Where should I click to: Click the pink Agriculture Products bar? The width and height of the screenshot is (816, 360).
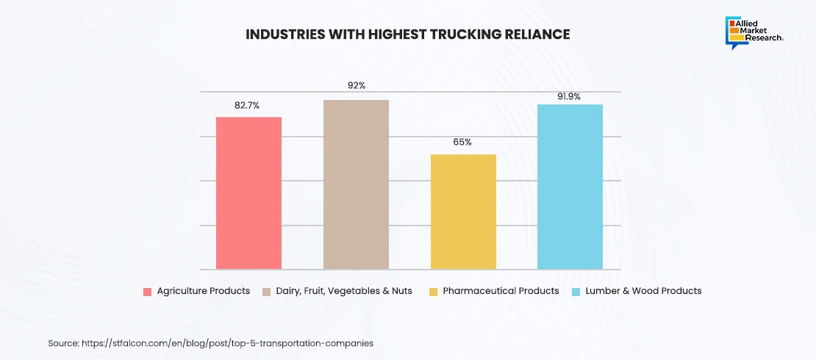248,192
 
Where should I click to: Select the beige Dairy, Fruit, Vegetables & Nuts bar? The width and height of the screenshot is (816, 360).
356,184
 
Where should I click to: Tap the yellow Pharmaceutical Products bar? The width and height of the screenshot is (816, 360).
463,212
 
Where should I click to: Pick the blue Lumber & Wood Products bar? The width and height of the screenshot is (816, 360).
570,187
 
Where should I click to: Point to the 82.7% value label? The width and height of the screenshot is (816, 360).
248,105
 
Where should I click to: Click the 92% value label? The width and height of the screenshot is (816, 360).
357,86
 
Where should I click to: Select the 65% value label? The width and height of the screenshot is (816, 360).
462,142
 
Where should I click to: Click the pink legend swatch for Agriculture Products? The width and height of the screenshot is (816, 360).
147,292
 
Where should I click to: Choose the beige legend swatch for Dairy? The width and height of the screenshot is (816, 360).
268,292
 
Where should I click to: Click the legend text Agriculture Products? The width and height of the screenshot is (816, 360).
204,291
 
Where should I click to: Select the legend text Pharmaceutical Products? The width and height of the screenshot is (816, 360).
501,291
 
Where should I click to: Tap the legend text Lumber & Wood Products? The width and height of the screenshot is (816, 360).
643,291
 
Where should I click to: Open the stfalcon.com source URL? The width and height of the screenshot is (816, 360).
226,343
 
